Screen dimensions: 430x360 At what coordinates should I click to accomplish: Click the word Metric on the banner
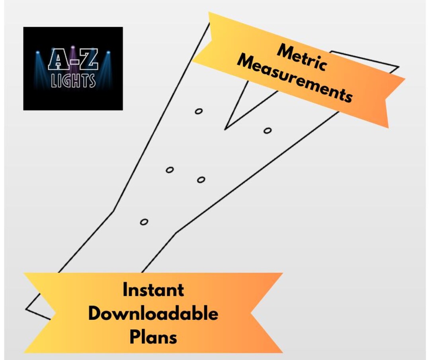[x=302, y=58]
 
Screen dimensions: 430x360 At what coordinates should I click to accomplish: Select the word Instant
[x=153, y=290]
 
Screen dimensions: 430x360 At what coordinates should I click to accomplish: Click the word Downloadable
[x=153, y=313]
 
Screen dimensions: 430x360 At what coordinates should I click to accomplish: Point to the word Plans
[x=153, y=337]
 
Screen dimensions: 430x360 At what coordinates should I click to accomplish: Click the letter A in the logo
[x=58, y=59]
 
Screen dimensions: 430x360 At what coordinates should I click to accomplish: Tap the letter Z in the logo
[x=88, y=59]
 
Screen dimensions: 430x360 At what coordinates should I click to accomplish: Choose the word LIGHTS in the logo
[x=73, y=80]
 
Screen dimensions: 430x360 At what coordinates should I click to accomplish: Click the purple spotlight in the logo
[x=73, y=47]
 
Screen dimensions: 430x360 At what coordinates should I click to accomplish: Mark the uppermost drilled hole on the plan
[x=199, y=111]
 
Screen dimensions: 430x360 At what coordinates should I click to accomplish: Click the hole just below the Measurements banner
[x=268, y=131]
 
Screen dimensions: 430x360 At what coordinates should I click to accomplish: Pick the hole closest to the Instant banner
[x=144, y=222]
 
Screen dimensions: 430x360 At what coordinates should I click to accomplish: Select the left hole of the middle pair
[x=170, y=170]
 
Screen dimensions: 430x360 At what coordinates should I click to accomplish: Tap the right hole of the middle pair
[x=201, y=180]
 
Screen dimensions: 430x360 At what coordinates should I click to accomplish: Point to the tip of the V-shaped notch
[x=225, y=129]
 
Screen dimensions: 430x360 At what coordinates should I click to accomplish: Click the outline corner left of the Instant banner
[x=26, y=309]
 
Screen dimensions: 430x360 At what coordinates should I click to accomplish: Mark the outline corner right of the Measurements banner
[x=399, y=66]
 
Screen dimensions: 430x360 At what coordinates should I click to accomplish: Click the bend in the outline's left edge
[x=114, y=210]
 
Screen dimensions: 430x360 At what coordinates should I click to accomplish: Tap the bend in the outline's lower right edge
[x=176, y=233]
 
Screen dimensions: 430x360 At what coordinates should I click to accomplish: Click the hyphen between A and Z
[x=73, y=61]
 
